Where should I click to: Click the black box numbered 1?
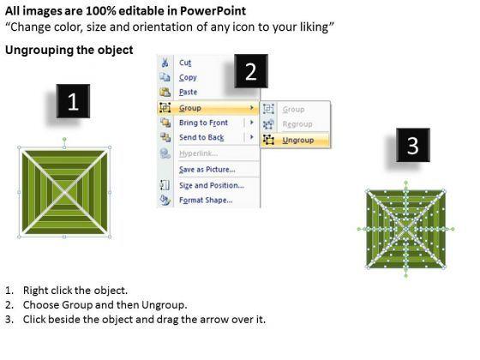(73, 101)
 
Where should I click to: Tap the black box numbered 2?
(251, 71)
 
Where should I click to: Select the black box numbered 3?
(413, 145)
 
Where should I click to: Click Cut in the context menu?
(185, 63)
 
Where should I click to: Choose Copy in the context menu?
(188, 77)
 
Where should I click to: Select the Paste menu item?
(189, 93)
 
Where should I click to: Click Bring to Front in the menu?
(204, 123)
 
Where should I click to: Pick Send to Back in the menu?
(201, 137)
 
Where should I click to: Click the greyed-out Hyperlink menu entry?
(198, 153)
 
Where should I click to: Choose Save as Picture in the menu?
(207, 170)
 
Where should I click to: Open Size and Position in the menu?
(212, 185)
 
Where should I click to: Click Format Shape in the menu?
(206, 201)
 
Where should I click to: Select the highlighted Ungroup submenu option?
(298, 141)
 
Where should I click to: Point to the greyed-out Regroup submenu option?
(297, 124)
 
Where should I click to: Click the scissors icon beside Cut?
(165, 63)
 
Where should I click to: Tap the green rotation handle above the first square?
(64, 139)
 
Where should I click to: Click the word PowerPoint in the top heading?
(213, 11)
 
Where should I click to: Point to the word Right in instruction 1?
(32, 291)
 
